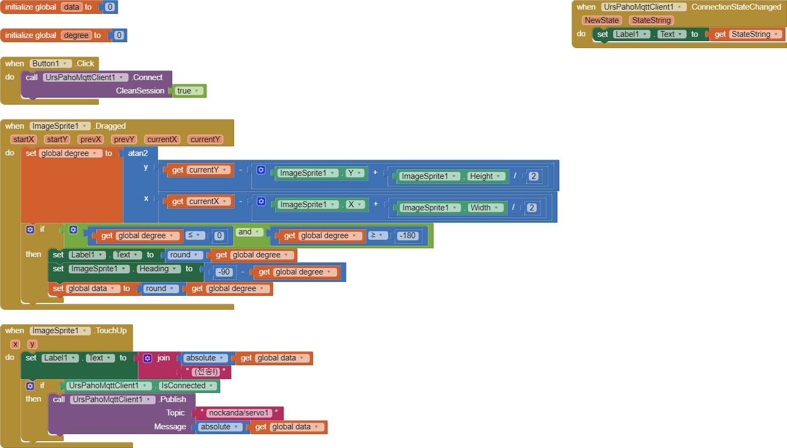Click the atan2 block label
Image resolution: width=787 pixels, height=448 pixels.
coord(138,153)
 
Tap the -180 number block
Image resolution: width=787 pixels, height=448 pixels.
coord(407,235)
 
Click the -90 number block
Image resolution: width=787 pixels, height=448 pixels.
coord(224,272)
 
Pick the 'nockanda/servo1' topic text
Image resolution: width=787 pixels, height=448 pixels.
coord(239,413)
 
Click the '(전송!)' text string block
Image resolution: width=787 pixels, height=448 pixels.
coord(206,372)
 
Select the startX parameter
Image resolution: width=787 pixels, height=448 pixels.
coord(23,139)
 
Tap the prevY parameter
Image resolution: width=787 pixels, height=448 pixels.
coord(124,139)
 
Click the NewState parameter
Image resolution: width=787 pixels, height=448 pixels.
coord(601,20)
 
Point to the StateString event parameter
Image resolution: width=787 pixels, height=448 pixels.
coord(651,20)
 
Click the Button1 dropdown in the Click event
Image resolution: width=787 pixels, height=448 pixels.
coord(51,64)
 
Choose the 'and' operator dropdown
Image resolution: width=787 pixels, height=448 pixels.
coord(248,232)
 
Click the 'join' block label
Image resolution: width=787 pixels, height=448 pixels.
coord(164,358)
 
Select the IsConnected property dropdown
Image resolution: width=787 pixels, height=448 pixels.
coord(186,386)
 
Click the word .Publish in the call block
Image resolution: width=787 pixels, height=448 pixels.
coord(173,399)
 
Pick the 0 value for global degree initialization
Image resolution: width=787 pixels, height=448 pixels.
coord(119,35)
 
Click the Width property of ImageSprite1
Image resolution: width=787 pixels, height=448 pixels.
coord(484,208)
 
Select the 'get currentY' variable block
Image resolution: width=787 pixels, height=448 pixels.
coord(200,170)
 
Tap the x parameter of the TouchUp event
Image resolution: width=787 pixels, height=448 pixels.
coord(15,344)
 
